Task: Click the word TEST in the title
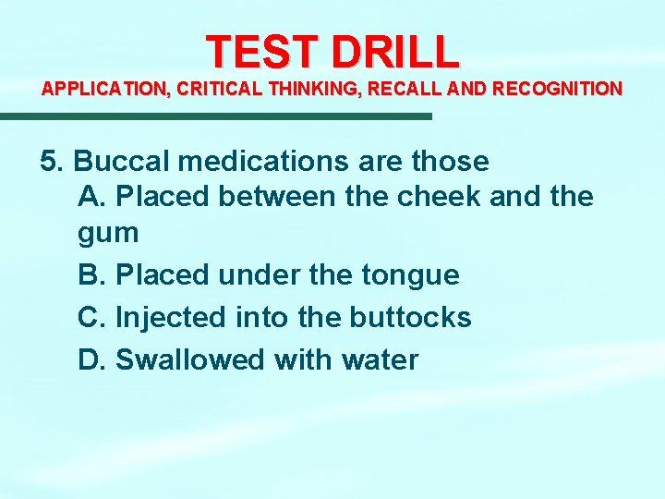point(262,52)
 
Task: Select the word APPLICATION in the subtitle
point(101,90)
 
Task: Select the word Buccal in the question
point(122,162)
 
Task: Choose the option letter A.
point(90,196)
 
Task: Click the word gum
point(108,233)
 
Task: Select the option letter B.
point(90,274)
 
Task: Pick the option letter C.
point(90,317)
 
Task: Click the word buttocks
point(410,317)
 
